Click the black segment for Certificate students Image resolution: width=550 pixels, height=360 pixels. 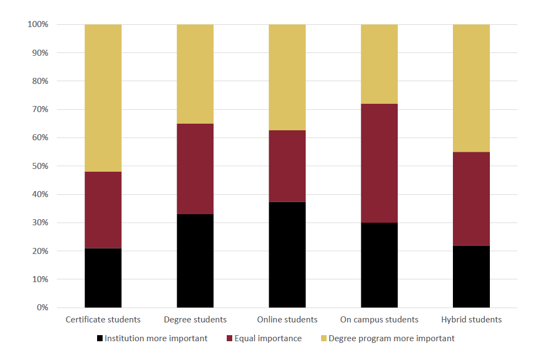coord(103,278)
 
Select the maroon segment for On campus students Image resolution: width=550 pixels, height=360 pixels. coord(379,163)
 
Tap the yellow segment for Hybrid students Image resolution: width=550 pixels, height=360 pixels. coord(471,88)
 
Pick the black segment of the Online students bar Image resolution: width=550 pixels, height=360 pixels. coord(287,255)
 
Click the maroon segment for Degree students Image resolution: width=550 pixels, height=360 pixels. coord(195,169)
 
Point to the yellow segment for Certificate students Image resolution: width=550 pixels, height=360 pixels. coord(103,98)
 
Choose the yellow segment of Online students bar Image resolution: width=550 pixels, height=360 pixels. coord(287,77)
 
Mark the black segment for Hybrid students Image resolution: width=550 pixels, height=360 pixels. coord(471,276)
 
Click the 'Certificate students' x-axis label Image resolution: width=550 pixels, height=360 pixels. coord(103,320)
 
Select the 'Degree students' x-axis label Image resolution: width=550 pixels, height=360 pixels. coord(195,320)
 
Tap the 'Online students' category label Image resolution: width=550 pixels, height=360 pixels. coord(287,320)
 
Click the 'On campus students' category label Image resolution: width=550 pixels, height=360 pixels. coord(379,320)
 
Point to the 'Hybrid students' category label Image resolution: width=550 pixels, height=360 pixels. coord(471,320)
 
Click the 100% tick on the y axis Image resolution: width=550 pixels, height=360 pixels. coord(38,25)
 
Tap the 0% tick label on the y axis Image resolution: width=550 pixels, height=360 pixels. coord(42,308)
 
